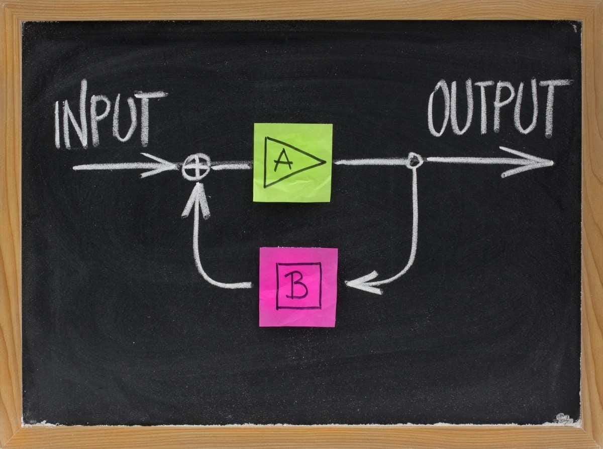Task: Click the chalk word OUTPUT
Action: (499, 108)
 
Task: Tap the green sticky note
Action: (292, 163)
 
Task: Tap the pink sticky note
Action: (298, 287)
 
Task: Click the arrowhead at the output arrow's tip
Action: (528, 162)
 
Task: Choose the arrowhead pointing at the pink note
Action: (363, 283)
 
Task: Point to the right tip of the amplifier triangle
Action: (326, 162)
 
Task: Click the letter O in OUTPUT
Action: (438, 108)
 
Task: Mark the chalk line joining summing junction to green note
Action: (232, 165)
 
